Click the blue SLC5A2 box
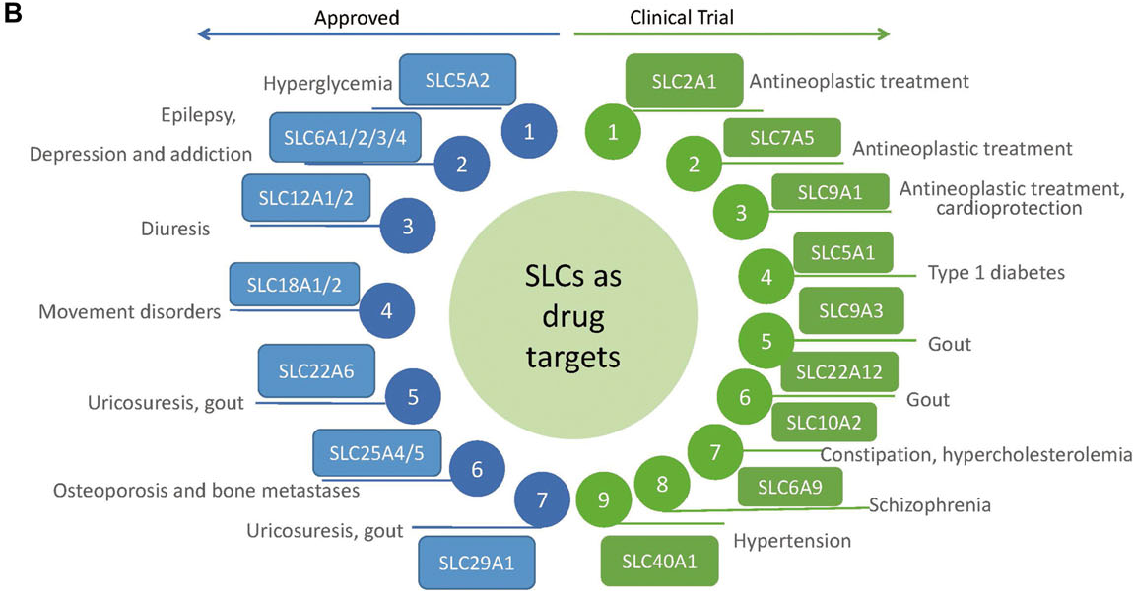click(457, 80)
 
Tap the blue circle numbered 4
click(386, 311)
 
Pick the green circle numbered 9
click(603, 500)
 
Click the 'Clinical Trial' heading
click(682, 17)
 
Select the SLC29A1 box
click(476, 564)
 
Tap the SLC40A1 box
click(659, 562)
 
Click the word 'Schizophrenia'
click(929, 505)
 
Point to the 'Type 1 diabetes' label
click(996, 273)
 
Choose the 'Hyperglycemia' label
click(328, 84)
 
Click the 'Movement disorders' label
click(129, 312)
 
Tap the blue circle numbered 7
click(542, 500)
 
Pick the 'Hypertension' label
click(792, 541)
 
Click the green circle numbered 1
click(613, 133)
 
